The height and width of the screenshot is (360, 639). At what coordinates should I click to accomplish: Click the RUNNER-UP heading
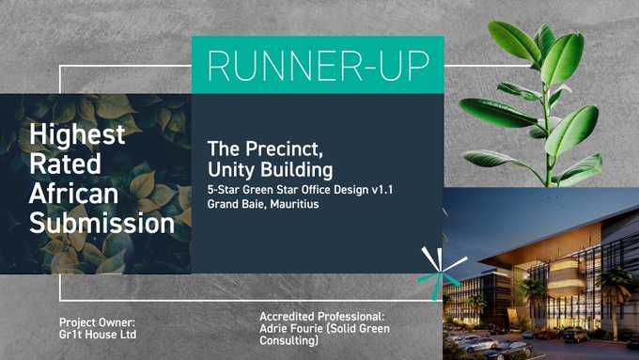click(318, 65)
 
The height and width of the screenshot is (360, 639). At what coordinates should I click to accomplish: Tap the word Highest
click(77, 135)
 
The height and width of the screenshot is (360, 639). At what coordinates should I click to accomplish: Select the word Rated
click(61, 165)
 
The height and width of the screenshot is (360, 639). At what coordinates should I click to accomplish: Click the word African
click(71, 195)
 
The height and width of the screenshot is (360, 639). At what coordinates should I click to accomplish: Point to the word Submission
click(101, 225)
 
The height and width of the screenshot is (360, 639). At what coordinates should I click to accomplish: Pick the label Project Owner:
click(95, 322)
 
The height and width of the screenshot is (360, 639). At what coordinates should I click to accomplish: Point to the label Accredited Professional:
click(321, 317)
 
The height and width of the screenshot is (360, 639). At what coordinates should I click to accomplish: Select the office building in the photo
click(555, 282)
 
